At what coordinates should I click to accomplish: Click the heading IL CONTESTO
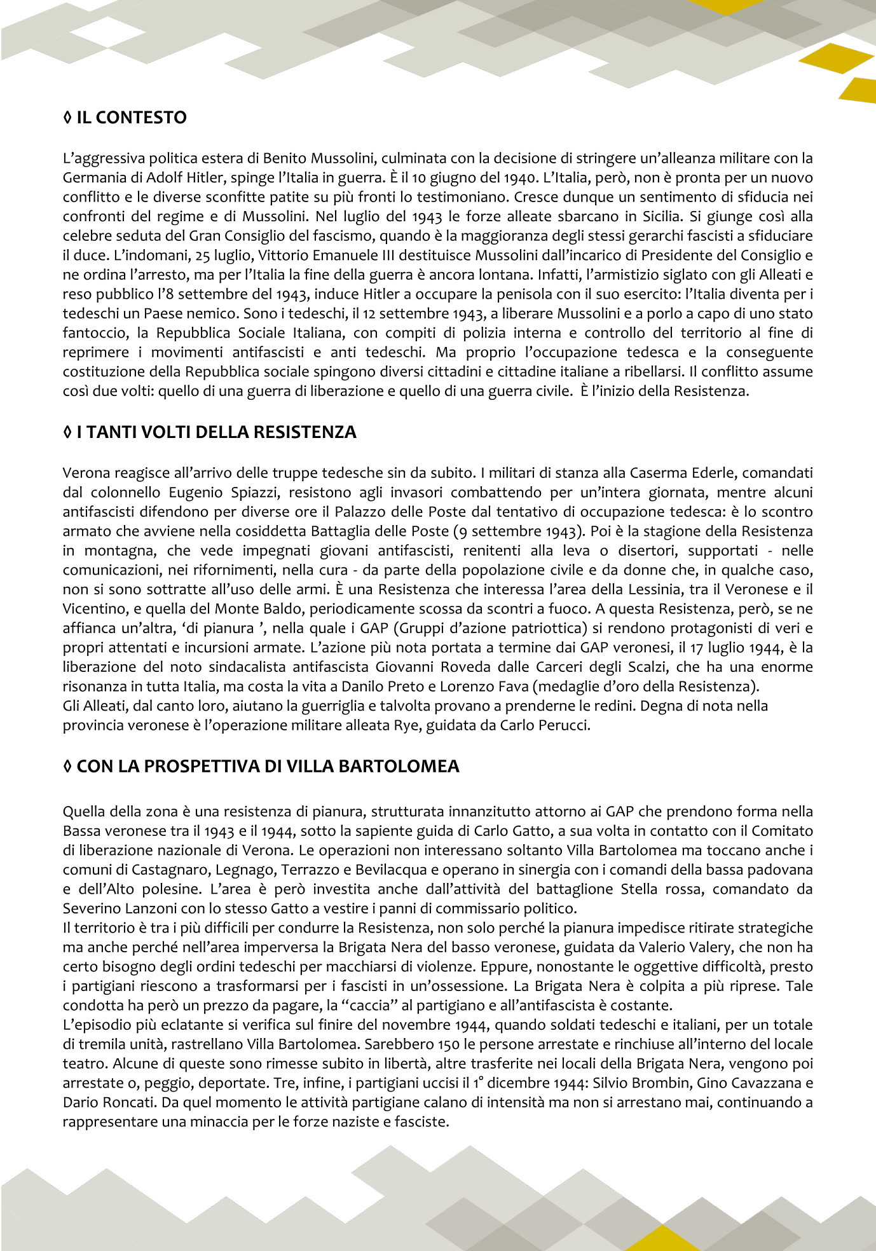coord(131,118)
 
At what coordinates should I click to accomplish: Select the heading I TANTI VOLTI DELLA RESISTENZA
coord(216,432)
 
